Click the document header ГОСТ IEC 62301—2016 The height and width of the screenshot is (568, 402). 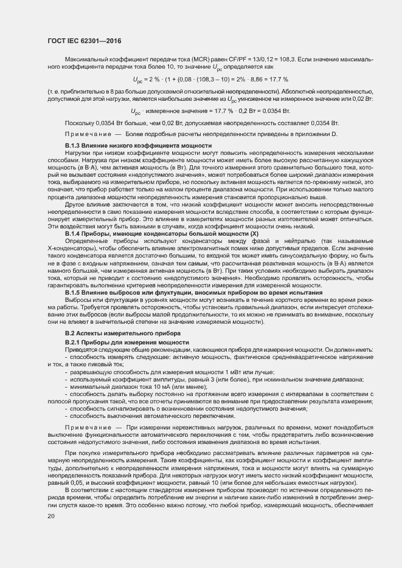coord(84,41)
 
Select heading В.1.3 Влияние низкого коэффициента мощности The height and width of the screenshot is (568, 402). coord(138,146)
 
